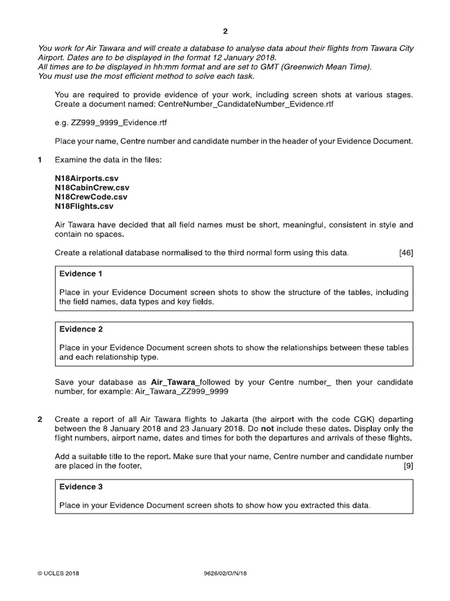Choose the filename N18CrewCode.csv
coord(91,197)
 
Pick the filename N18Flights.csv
coord(84,206)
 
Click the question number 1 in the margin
coord(40,160)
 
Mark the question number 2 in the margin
coord(40,420)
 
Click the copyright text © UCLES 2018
coord(59,573)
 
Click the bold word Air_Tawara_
coord(175,382)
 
